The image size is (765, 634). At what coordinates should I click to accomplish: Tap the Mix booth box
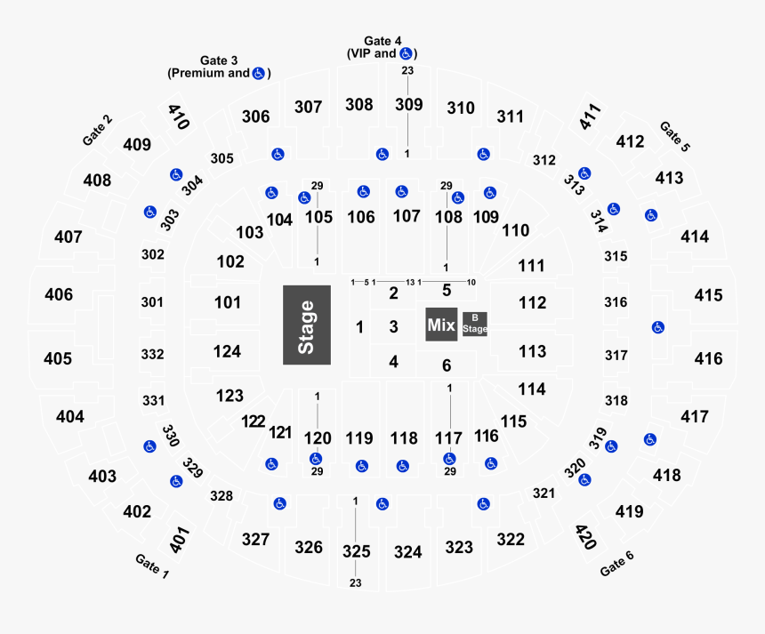pyautogui.click(x=441, y=325)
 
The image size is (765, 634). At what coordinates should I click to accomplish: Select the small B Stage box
pyautogui.click(x=474, y=324)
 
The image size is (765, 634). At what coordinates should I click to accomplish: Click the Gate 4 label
pyautogui.click(x=382, y=41)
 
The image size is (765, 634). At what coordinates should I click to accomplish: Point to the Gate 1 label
pyautogui.click(x=152, y=566)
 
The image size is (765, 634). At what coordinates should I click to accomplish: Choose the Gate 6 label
pyautogui.click(x=617, y=563)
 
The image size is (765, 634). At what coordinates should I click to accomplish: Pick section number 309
pyautogui.click(x=408, y=105)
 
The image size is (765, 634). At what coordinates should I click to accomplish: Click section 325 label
pyautogui.click(x=356, y=551)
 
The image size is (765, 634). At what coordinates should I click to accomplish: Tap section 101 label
pyautogui.click(x=227, y=303)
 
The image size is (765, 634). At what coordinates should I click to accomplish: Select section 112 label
pyautogui.click(x=532, y=303)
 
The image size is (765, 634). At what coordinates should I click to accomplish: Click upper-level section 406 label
pyautogui.click(x=59, y=294)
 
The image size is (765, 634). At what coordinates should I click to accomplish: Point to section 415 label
pyautogui.click(x=708, y=295)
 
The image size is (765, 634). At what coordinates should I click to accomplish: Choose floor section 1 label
pyautogui.click(x=359, y=327)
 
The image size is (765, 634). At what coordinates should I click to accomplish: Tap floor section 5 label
pyautogui.click(x=447, y=290)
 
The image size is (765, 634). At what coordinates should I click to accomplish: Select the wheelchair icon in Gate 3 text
pyautogui.click(x=258, y=73)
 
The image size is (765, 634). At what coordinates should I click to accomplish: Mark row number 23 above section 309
pyautogui.click(x=407, y=71)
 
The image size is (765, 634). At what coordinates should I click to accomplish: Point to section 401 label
pyautogui.click(x=180, y=540)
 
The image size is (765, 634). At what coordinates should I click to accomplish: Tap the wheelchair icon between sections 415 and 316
pyautogui.click(x=657, y=326)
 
